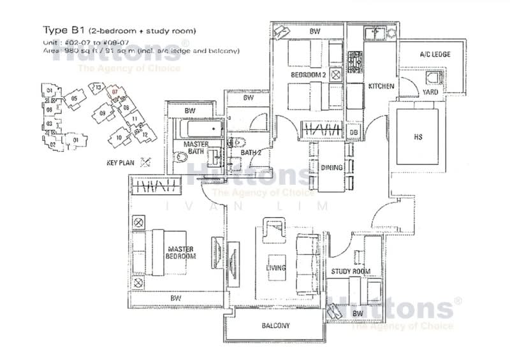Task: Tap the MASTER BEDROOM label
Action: click(181, 252)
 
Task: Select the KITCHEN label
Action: click(381, 86)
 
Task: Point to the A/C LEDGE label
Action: click(435, 55)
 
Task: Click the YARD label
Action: click(430, 92)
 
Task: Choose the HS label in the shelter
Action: click(418, 136)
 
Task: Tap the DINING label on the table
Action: click(333, 168)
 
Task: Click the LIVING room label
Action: click(275, 268)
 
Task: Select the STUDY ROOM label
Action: click(351, 272)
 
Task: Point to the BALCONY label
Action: click(275, 326)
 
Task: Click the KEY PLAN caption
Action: click(120, 163)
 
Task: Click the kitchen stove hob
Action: click(355, 61)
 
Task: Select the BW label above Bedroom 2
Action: click(314, 31)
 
